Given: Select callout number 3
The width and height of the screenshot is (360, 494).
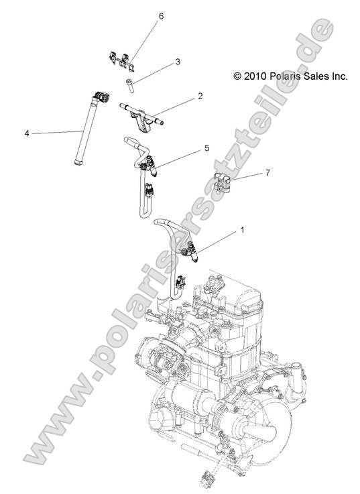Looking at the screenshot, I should [x=178, y=62].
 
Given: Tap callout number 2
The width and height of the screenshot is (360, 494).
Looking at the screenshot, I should [x=200, y=97].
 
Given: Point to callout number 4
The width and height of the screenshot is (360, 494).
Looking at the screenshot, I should [x=27, y=133].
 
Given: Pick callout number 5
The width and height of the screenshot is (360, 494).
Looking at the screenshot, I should [x=207, y=147].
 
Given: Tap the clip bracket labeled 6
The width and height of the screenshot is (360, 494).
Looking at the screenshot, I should [x=121, y=60].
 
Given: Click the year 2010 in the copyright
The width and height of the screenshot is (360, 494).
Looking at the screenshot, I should [x=256, y=77].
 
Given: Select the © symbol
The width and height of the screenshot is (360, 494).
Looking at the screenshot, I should [x=237, y=77].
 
